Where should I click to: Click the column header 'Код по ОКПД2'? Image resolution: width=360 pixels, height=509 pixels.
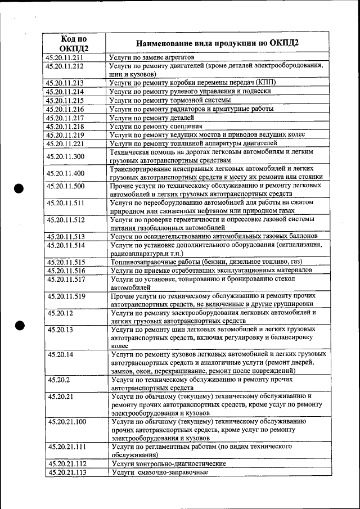(74, 43)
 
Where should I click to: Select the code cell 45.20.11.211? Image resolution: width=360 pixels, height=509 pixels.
(65, 57)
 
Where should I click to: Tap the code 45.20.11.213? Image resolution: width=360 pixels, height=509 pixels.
(65, 83)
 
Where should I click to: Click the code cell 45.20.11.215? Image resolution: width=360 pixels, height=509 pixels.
(65, 100)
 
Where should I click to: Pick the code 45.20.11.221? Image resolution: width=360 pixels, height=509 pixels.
(65, 143)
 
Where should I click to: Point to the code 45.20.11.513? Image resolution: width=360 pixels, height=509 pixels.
(66, 237)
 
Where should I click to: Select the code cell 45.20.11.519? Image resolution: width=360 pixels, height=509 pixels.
(66, 296)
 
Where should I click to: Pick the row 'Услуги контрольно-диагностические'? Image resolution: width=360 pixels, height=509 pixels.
(169, 464)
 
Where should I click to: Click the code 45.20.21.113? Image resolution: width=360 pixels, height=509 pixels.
(67, 472)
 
